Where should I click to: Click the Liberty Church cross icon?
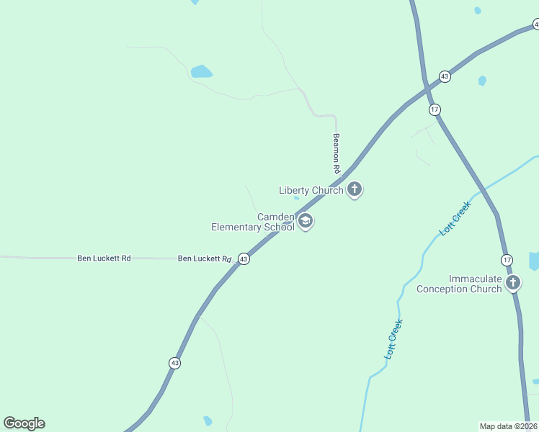click(x=354, y=189)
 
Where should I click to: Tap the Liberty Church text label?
click(x=311, y=190)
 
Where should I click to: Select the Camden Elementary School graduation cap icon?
click(x=305, y=220)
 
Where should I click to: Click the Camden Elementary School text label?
click(x=253, y=222)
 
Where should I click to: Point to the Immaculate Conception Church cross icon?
click(x=512, y=282)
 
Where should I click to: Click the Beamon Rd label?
click(x=336, y=152)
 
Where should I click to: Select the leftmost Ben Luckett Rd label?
click(x=104, y=258)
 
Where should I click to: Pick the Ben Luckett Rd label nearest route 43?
click(x=205, y=258)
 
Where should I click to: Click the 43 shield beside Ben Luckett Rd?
click(x=244, y=258)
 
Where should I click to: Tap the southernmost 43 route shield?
click(x=175, y=364)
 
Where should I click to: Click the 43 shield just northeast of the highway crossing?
click(x=445, y=76)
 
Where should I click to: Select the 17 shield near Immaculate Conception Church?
click(x=507, y=259)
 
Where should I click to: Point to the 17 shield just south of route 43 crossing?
click(x=434, y=109)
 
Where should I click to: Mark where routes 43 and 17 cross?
click(x=427, y=89)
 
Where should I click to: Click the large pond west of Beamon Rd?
click(x=201, y=71)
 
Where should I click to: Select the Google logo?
click(x=24, y=423)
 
